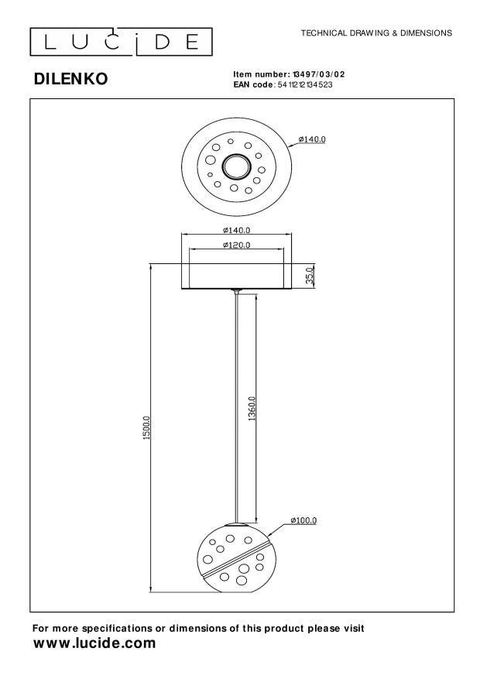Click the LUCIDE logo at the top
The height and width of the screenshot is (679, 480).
tap(122, 41)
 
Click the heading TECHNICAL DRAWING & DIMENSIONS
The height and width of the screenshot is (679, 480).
tap(375, 34)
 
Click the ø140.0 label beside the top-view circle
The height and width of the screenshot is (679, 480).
tap(313, 139)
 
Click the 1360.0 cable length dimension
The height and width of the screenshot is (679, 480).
tap(252, 407)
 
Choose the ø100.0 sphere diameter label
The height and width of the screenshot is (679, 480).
tap(303, 520)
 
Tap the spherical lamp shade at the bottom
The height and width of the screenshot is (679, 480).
tap(236, 558)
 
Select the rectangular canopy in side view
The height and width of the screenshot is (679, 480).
tap(236, 276)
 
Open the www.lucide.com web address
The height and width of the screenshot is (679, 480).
tap(94, 643)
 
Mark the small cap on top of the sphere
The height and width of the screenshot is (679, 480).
tap(237, 524)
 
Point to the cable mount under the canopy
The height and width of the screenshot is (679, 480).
tap(237, 292)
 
